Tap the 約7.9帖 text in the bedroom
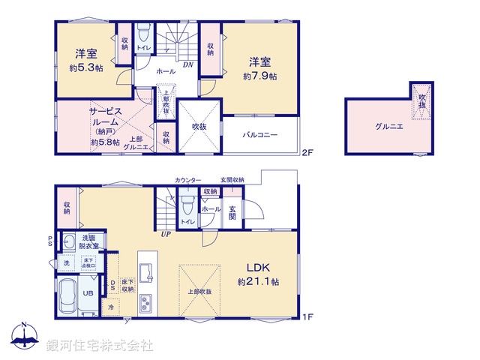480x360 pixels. tap(259, 76)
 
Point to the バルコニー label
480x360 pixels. tap(260, 135)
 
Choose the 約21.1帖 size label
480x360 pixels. tap(259, 282)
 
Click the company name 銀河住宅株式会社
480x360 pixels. tap(100, 346)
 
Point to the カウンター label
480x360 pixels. tap(187, 180)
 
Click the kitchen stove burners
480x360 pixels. tap(145, 304)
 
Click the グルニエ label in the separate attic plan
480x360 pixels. tap(389, 127)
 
